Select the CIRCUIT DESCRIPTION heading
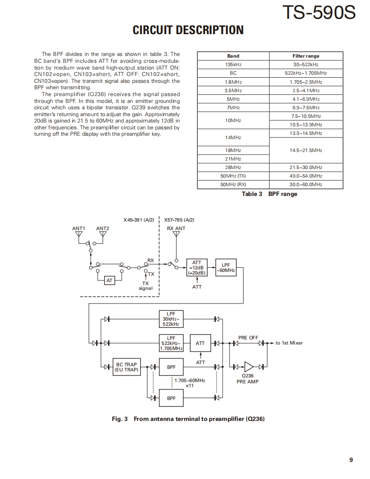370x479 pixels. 188,30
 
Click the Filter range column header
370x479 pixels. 306,56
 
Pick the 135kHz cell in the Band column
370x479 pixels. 233,64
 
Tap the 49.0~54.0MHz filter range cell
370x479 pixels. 306,176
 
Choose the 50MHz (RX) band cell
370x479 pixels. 233,184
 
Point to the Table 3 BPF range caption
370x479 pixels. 269,194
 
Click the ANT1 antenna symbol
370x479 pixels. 79,234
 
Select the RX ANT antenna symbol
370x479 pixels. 176,234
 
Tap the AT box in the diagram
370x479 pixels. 110,280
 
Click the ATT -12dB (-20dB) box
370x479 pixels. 197,268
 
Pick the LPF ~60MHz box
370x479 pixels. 226,268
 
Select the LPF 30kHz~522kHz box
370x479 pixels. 171,319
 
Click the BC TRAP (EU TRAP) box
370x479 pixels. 126,367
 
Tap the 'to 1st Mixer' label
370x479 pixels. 289,343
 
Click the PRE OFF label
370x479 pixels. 248,338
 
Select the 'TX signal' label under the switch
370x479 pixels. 146,286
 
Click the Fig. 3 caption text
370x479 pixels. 188,419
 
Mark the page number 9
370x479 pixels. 351,460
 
